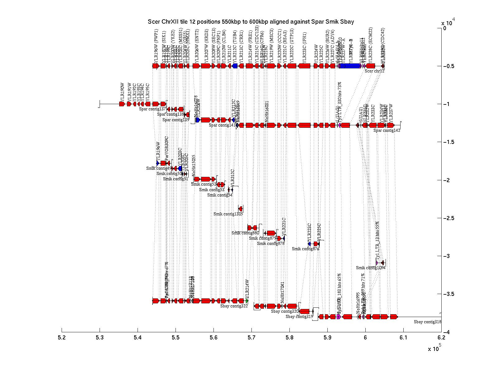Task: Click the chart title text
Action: tap(251, 22)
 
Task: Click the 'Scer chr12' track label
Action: tap(374, 71)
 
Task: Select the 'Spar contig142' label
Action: tap(387, 131)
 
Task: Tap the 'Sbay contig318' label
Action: tap(427, 322)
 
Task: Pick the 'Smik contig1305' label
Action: tap(228, 214)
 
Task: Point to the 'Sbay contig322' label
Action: tap(234, 306)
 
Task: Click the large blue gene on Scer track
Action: tap(350, 66)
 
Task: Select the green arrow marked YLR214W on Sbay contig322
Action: tap(247, 301)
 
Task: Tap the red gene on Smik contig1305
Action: tap(241, 209)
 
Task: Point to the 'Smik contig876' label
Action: tap(305, 249)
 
